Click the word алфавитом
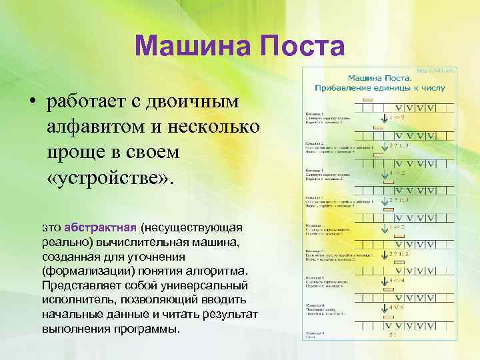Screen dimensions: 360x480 tap(94, 127)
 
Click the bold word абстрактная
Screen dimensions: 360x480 tap(101, 226)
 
